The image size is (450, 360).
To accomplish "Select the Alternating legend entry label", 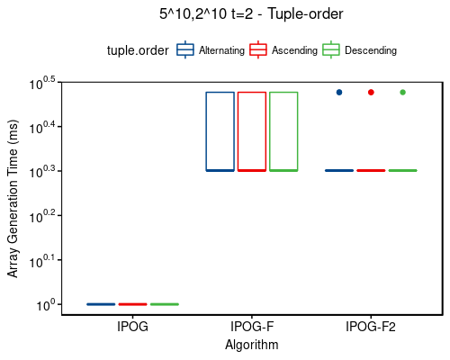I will [x=221, y=51].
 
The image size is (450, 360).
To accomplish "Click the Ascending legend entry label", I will [x=295, y=51].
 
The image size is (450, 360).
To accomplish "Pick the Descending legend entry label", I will [x=371, y=51].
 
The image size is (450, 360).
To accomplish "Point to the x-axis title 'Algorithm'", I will [x=251, y=345].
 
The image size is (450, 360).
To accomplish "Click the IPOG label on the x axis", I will [x=132, y=327].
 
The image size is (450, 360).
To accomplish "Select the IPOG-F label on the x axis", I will [x=251, y=327].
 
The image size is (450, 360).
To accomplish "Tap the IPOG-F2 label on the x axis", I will [x=370, y=327].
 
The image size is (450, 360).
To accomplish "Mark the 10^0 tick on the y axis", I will [x=47, y=306].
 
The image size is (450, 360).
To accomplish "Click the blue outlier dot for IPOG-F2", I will [x=339, y=92].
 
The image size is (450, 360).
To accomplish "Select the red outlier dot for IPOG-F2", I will [x=371, y=92].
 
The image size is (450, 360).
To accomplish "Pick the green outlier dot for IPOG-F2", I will [x=402, y=92].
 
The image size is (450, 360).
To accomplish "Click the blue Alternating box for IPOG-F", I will [x=220, y=130].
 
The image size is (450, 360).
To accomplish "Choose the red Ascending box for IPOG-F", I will [x=251, y=130].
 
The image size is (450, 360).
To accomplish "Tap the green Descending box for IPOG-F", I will [x=283, y=130].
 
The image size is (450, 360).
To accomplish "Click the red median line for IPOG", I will [x=132, y=304].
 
